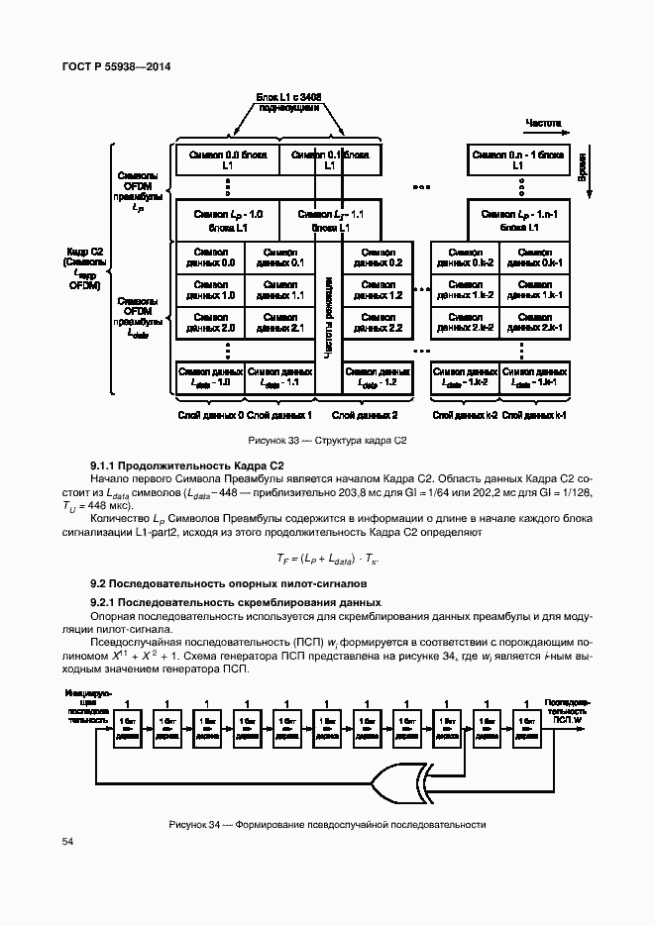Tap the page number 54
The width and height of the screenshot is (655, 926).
coord(67,841)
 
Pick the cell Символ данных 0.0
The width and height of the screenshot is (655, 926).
coord(209,257)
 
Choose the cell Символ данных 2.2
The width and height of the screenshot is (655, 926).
coord(376,322)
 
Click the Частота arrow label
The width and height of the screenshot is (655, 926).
coord(542,125)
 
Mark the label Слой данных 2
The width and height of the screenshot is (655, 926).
coord(365,414)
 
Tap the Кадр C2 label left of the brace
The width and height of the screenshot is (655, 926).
coord(83,268)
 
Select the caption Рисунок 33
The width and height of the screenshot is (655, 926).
coord(327,441)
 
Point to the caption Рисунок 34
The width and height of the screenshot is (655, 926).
coord(327,824)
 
